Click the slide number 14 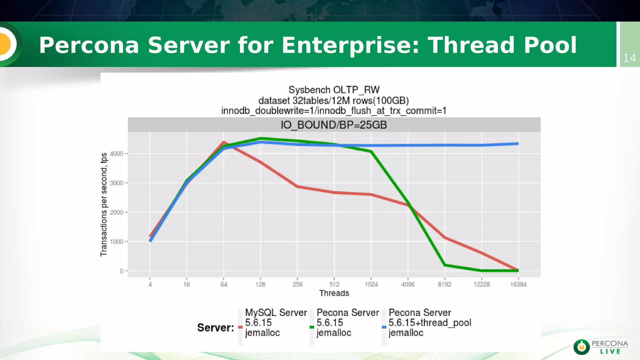click(629, 58)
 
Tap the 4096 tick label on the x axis click(408, 284)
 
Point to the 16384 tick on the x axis click(518, 284)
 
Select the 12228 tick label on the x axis click(482, 284)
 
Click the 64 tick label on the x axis click(224, 284)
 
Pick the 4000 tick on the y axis click(117, 154)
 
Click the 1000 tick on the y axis click(117, 242)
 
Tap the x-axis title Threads click(334, 293)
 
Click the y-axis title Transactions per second click(104, 205)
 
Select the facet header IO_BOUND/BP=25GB click(334, 125)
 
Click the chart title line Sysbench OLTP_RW click(334, 90)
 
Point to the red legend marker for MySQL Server click(240, 327)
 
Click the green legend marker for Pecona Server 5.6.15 click(312, 327)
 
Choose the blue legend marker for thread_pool click(384, 327)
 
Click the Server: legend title click(216, 327)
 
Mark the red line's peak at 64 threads click(224, 142)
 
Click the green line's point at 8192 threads click(445, 265)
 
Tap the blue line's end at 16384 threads click(518, 144)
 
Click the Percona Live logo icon click(581, 347)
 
